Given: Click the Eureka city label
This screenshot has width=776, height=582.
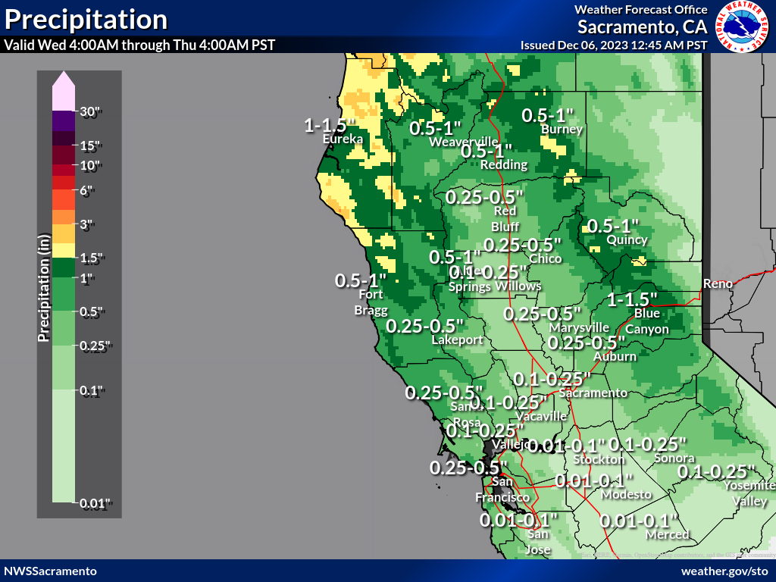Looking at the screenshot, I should (343, 139).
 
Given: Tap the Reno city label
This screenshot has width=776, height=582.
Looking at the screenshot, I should (718, 283).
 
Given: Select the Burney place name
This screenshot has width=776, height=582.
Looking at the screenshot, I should (562, 130).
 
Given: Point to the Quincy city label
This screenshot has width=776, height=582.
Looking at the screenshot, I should (627, 240).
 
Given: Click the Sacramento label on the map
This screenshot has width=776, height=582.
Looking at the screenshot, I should (593, 393).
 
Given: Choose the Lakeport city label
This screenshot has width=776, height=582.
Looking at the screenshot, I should (457, 340).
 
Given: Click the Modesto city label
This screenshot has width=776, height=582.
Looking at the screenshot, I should (626, 494).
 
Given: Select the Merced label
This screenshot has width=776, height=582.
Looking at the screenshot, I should (667, 535).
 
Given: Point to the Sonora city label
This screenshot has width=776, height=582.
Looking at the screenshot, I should (674, 458).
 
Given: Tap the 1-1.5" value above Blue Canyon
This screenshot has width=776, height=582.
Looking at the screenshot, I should (631, 299).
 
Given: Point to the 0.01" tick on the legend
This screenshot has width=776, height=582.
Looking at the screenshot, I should (95, 502).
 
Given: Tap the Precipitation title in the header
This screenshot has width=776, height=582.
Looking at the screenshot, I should (86, 19).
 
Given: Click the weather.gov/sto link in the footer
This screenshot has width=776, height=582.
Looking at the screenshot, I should (724, 571).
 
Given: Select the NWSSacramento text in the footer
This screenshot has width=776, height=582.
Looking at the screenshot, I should (50, 571).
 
